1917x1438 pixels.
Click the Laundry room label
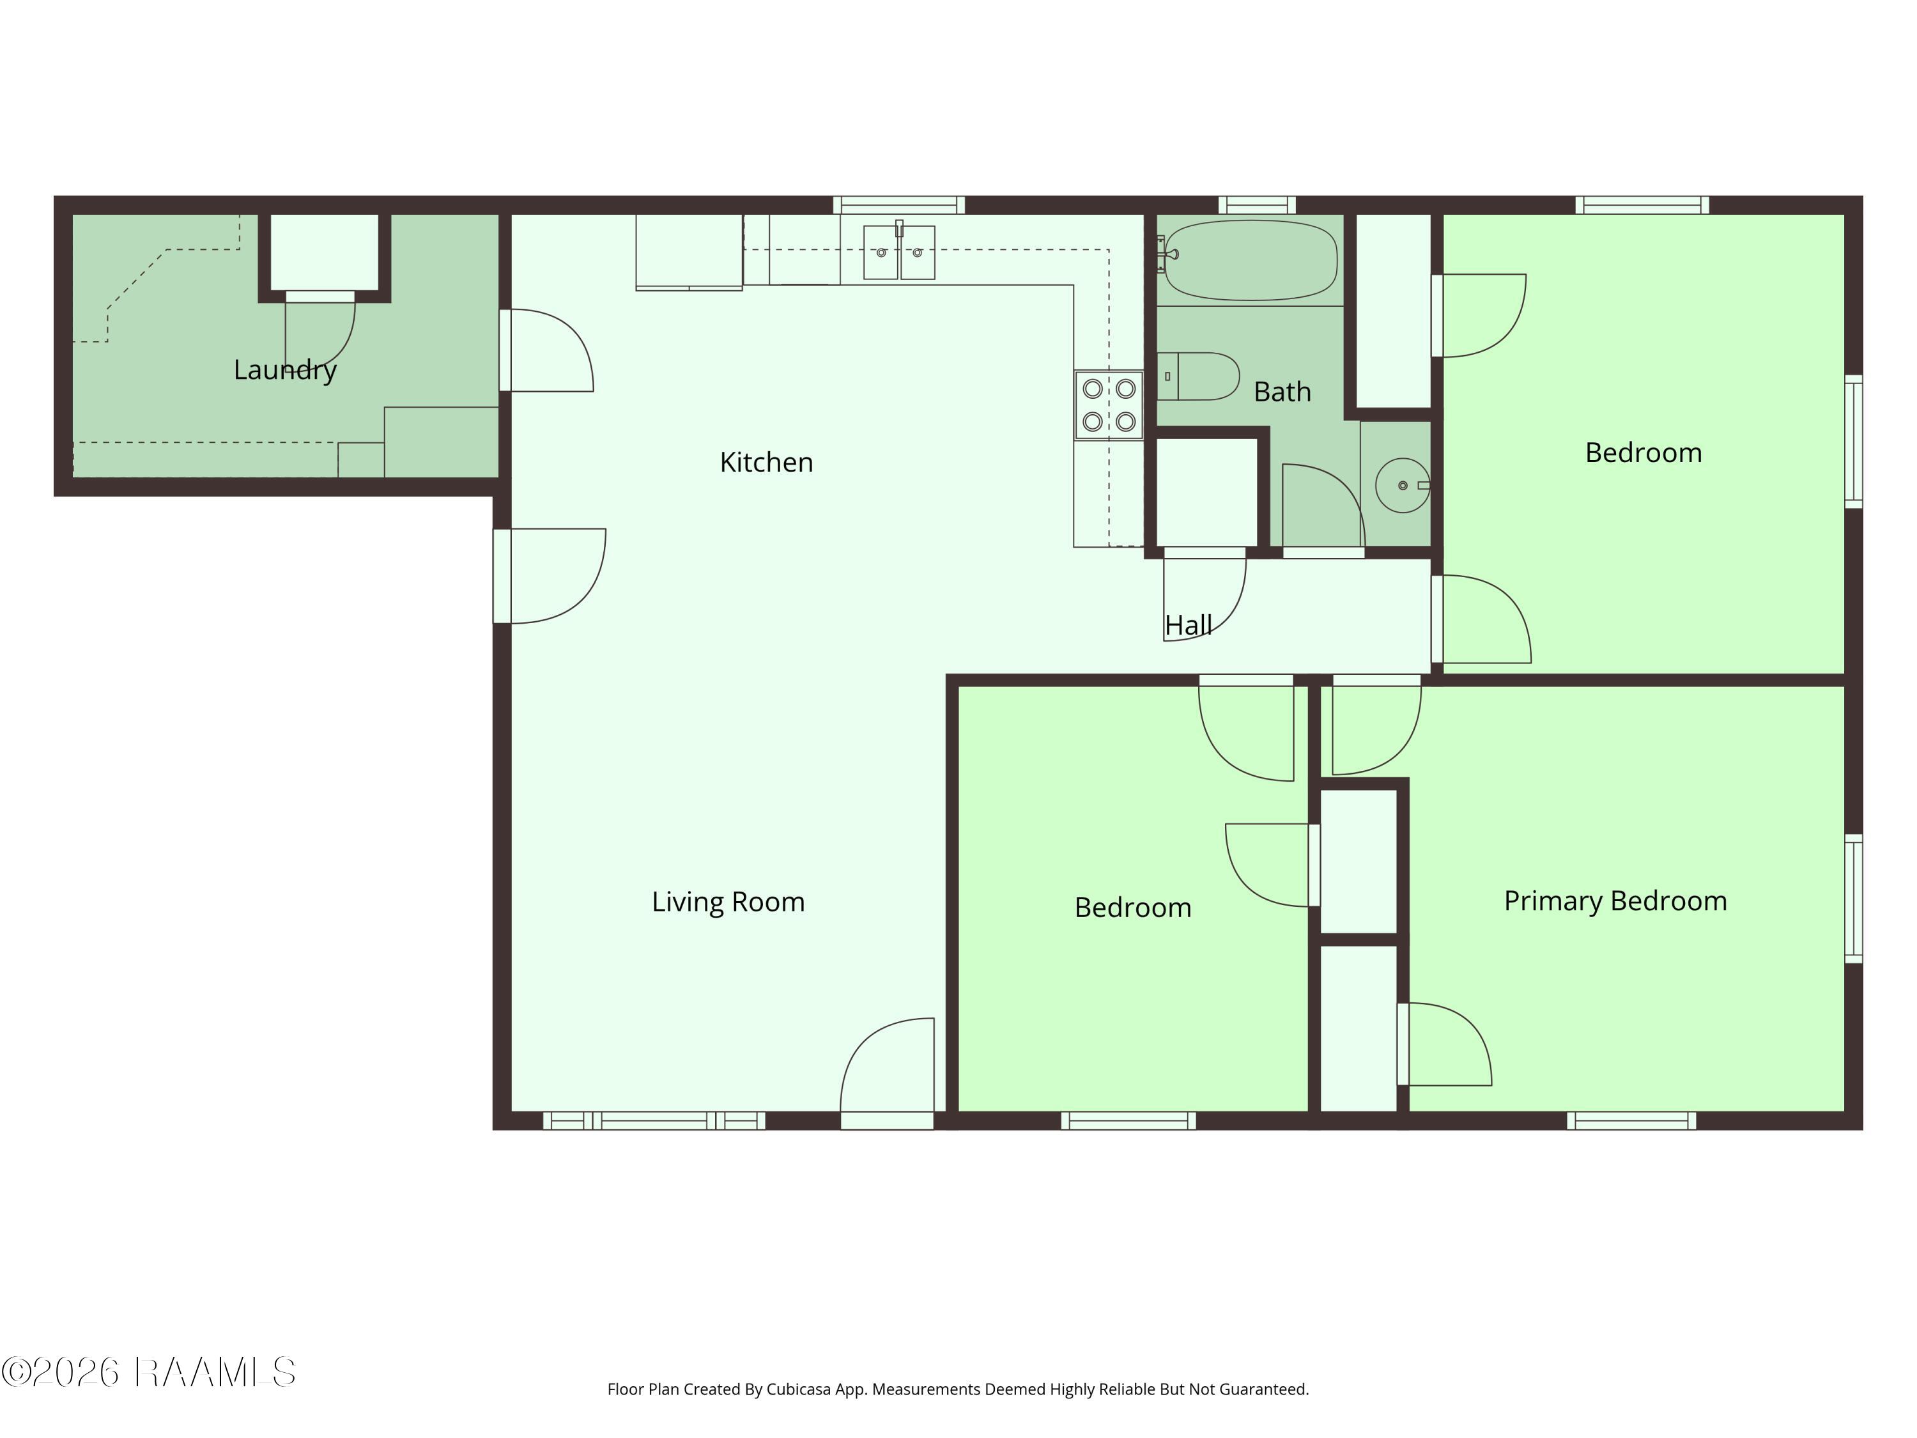click(285, 370)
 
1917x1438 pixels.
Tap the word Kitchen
click(766, 462)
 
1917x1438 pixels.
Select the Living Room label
click(728, 901)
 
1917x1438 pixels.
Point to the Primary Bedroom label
click(1615, 901)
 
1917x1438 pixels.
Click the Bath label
click(1282, 392)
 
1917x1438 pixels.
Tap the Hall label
click(1187, 625)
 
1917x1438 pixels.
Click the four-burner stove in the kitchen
click(1109, 405)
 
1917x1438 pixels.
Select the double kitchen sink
click(898, 252)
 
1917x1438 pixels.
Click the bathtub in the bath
click(1251, 260)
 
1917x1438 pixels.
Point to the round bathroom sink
click(1401, 485)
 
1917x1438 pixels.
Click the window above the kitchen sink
click(898, 205)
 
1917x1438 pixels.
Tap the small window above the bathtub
click(1257, 205)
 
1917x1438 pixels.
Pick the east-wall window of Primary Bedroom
click(1853, 898)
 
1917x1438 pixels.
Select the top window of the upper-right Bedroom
click(1642, 205)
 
